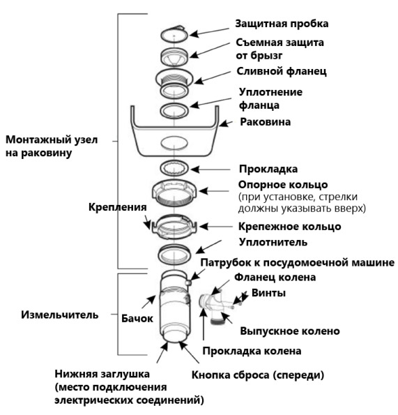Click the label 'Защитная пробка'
pos(282,24)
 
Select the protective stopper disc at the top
pos(174,34)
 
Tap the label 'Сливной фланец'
pos(282,71)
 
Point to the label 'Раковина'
pos(266,122)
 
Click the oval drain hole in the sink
pos(174,143)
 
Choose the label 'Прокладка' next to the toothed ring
pos(268,169)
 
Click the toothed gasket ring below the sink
pos(174,168)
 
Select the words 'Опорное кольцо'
pos(283,184)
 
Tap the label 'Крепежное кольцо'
pos(289,227)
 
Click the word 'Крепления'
pos(117,207)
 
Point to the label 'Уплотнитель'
pos(273,242)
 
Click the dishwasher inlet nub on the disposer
pos(188,283)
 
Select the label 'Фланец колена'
pos(275,277)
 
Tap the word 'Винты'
pos(268,293)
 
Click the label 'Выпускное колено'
pos(290,331)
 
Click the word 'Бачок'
pos(137,318)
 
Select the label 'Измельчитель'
pos(60,315)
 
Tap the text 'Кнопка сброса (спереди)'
pos(258,375)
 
